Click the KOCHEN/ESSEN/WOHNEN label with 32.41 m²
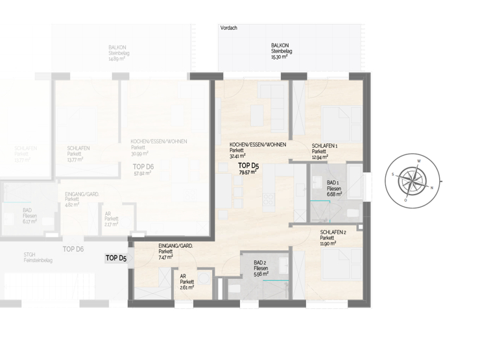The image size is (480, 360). tap(258, 145)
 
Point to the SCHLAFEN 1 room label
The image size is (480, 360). tap(324, 145)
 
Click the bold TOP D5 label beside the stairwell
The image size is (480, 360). tap(117, 258)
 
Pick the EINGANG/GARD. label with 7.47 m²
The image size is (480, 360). tap(175, 246)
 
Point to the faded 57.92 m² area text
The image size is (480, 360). tap(143, 174)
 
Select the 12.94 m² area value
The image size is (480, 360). tap(320, 157)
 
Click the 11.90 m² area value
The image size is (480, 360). tap(328, 243)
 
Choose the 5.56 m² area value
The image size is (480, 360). tap(261, 274)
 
